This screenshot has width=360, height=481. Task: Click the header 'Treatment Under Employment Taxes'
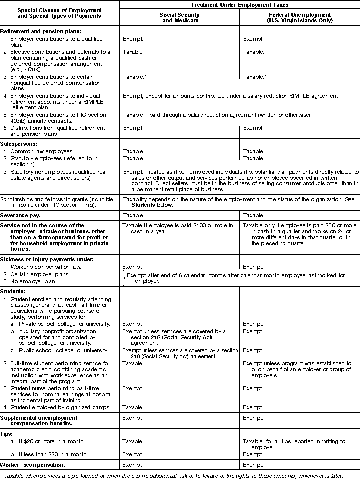pyautogui.click(x=240, y=4)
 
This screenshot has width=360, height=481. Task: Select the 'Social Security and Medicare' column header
pyautogui.click(x=180, y=18)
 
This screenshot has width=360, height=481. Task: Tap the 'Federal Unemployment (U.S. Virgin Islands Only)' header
pyautogui.click(x=300, y=18)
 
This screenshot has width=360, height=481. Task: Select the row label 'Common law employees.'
pyautogui.click(x=42, y=151)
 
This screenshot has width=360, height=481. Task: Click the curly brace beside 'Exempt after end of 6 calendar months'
pyautogui.click(x=122, y=278)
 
